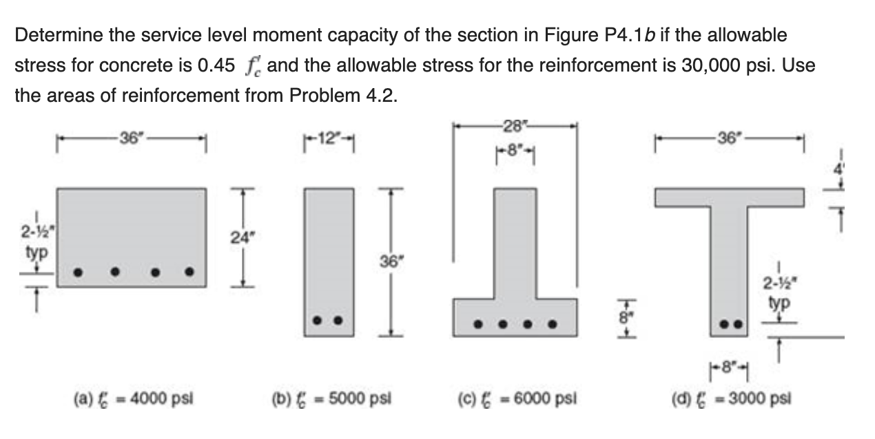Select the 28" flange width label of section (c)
513,125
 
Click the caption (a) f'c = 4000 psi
134,398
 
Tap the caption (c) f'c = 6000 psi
517,398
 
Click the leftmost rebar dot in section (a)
79,272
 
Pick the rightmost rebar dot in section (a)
189,271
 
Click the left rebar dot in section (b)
318,320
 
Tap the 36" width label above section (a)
130,136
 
